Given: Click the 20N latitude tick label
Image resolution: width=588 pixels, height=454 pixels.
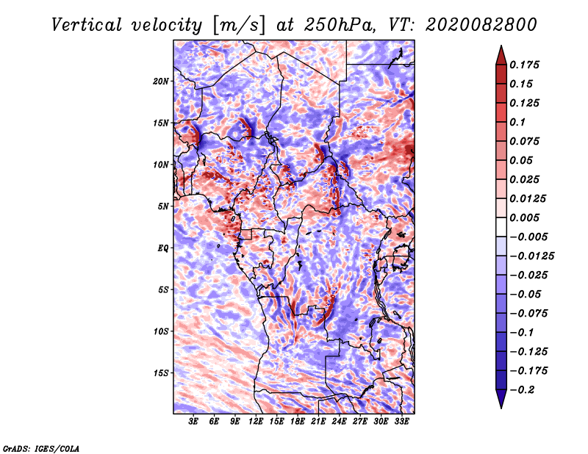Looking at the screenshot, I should [161, 81].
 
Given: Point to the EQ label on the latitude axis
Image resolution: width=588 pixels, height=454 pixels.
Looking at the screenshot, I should [163, 248].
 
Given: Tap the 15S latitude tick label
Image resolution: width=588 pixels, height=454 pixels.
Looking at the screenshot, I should [161, 373].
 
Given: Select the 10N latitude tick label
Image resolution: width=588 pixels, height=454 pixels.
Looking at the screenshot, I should [161, 165].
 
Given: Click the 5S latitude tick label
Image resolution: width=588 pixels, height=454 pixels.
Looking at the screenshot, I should [163, 289].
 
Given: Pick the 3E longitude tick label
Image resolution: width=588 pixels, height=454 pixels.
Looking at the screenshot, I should [193, 422].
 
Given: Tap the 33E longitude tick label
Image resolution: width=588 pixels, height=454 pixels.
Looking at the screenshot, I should [401, 422].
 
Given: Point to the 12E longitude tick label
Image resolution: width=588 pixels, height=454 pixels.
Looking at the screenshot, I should [256, 422].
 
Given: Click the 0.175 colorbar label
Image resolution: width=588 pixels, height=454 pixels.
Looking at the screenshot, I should [527, 65].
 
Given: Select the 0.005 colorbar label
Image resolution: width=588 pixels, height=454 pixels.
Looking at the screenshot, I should [527, 217].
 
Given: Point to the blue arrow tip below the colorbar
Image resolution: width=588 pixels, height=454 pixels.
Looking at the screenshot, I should [500, 403].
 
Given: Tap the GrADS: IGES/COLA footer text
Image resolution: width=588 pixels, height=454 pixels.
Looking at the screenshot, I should [40, 448].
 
